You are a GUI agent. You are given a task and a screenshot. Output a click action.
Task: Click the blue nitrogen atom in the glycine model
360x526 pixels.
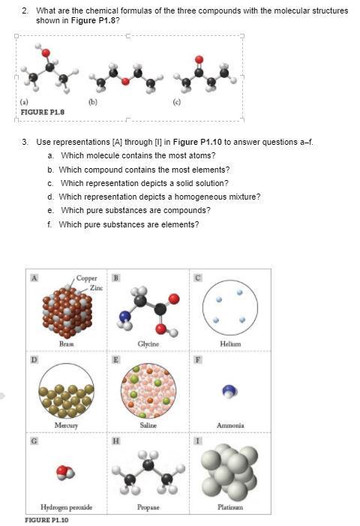[124, 324]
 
